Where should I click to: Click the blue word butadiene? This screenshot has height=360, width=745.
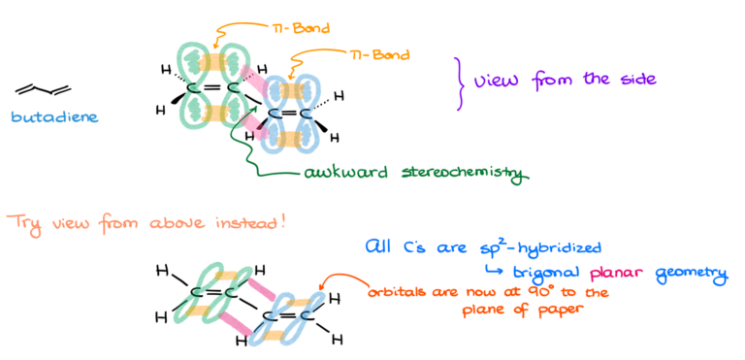tap(53, 117)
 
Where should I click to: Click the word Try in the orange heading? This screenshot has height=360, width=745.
tap(19, 222)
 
